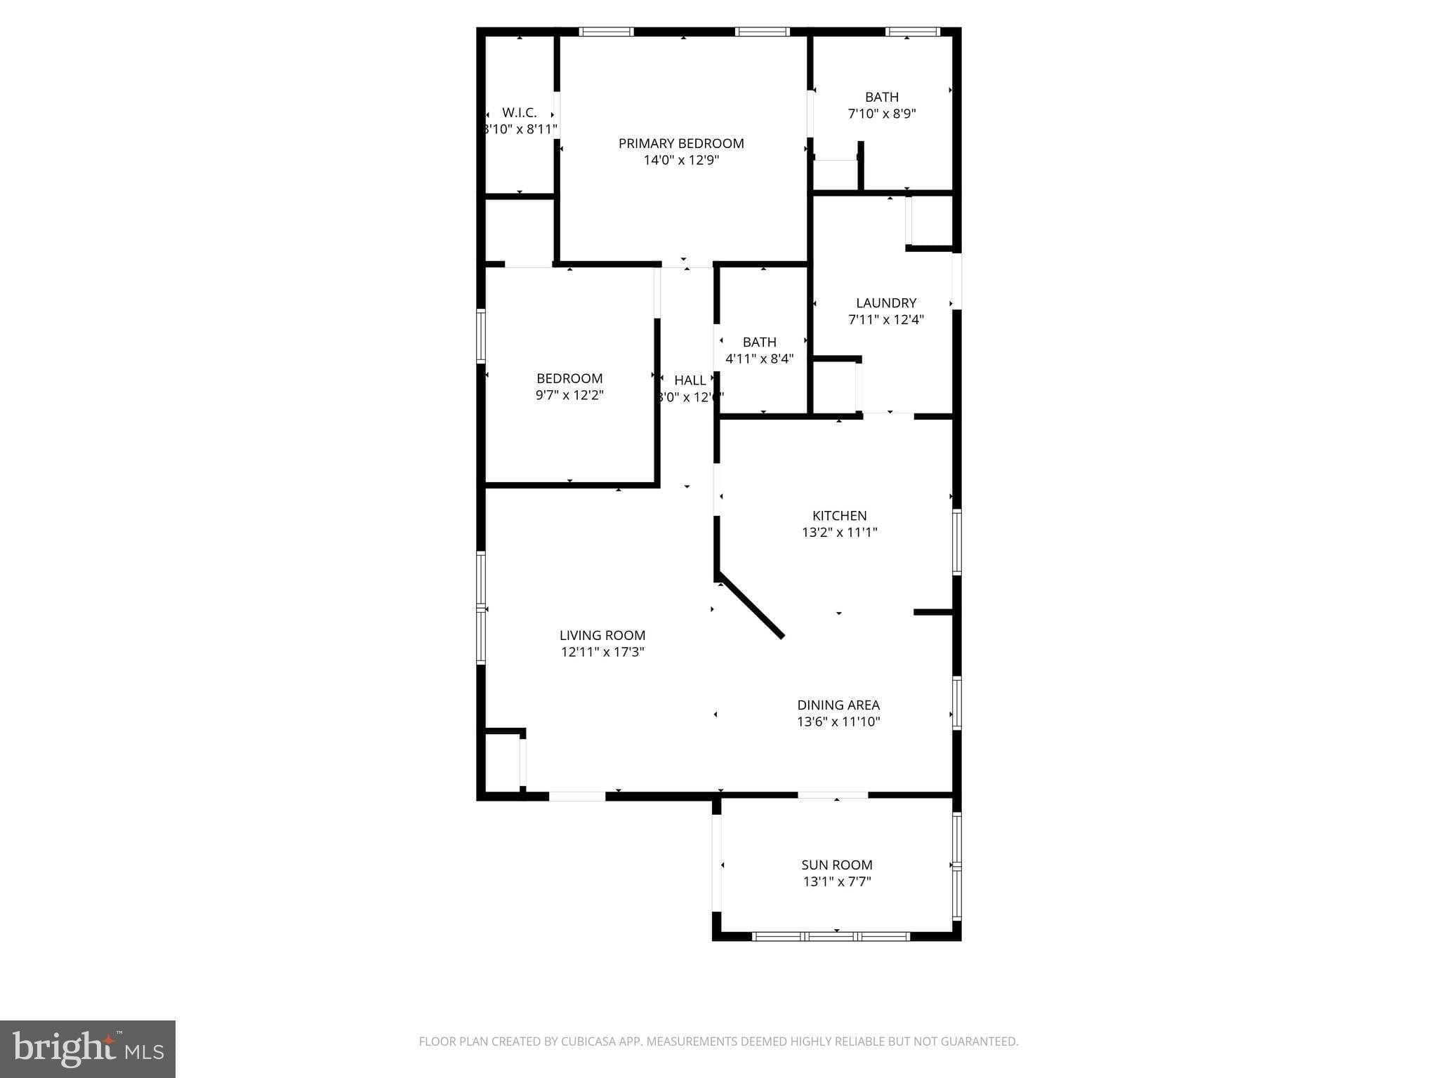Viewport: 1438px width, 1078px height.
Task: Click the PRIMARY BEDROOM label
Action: tap(681, 143)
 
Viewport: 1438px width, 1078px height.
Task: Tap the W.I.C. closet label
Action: tap(520, 112)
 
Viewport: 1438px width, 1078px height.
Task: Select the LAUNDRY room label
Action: tap(886, 303)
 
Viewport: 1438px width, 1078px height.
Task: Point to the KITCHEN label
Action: tap(840, 516)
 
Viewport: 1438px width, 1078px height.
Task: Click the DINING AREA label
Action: tap(838, 705)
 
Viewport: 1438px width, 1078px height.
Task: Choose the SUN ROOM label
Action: tap(837, 865)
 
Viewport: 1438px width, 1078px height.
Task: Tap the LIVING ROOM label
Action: tap(602, 636)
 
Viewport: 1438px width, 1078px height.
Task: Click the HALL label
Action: tap(690, 380)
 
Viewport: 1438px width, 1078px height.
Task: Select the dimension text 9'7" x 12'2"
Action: tap(569, 395)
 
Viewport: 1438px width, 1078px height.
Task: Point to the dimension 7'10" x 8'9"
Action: tap(882, 114)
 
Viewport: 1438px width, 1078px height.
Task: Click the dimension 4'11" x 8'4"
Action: tap(760, 359)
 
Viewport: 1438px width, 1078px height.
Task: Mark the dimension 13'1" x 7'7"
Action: tap(837, 882)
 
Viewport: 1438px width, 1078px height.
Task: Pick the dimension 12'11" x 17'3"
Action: tap(602, 652)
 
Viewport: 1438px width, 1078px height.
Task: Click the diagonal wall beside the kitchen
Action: tap(750, 608)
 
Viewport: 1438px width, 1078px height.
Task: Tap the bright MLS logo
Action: tap(88, 1049)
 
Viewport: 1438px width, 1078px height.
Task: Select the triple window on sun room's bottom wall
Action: tap(831, 936)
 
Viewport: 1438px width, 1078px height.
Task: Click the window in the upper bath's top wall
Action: tap(912, 32)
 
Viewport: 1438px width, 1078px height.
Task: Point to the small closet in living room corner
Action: tap(503, 762)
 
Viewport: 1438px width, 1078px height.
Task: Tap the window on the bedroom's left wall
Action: tap(481, 337)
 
